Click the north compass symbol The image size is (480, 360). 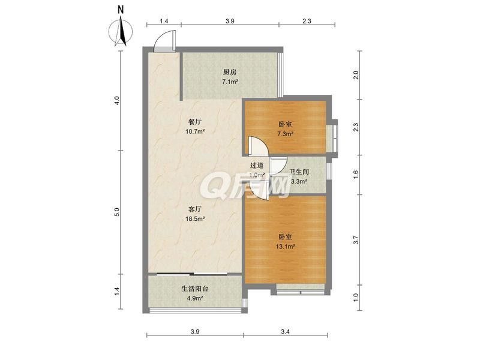[x=121, y=31]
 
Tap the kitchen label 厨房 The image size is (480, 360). [x=230, y=73]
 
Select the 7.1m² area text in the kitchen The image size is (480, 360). [x=230, y=82]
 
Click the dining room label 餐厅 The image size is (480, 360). [x=195, y=122]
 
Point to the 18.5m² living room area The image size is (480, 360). [x=195, y=219]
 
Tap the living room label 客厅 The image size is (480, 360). [x=195, y=209]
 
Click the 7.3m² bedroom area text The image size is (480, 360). [x=286, y=134]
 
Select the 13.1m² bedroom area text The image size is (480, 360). [x=286, y=247]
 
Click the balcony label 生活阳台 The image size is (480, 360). [x=196, y=289]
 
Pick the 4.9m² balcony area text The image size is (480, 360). [x=196, y=298]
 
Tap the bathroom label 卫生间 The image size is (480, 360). [x=298, y=172]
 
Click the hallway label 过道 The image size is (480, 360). [x=257, y=166]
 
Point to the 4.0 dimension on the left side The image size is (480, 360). [x=117, y=100]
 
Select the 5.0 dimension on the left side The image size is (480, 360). [x=117, y=212]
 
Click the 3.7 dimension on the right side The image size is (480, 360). [x=356, y=239]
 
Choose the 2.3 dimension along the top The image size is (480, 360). [x=307, y=21]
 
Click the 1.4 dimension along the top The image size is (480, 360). [x=164, y=21]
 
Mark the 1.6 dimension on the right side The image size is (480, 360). [x=356, y=175]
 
